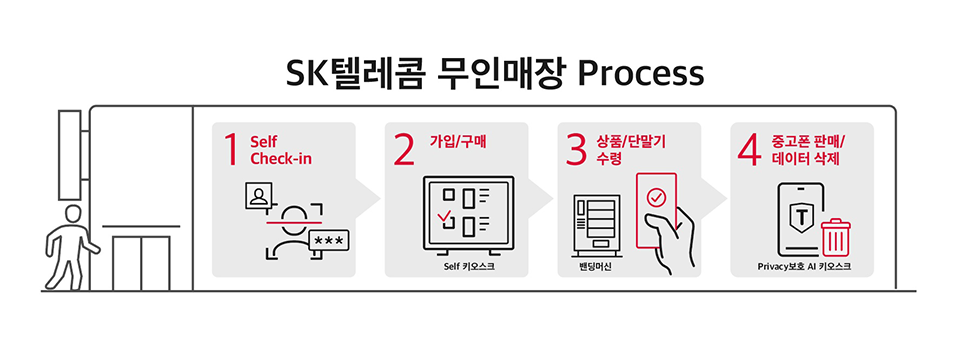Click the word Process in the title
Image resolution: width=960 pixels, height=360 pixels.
(641, 74)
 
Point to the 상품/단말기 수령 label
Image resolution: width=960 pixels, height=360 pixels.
(630, 149)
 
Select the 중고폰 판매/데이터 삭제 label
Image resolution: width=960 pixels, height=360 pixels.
(806, 149)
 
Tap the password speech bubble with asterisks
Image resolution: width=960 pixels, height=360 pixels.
(329, 241)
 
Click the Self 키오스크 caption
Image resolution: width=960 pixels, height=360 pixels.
(469, 267)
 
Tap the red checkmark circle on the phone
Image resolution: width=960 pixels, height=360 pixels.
(655, 198)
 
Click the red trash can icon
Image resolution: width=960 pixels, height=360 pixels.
(835, 238)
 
